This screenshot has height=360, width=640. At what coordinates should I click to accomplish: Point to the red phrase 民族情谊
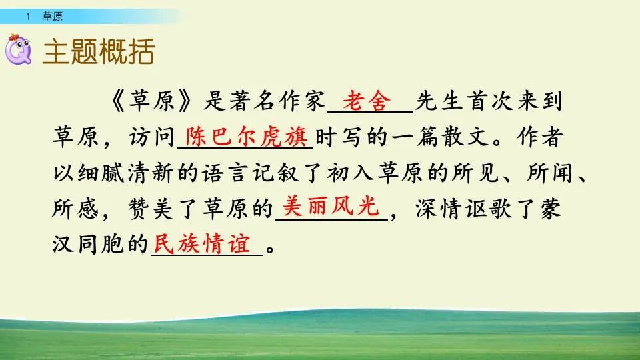205,243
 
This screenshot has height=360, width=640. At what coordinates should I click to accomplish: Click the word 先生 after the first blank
439,103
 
